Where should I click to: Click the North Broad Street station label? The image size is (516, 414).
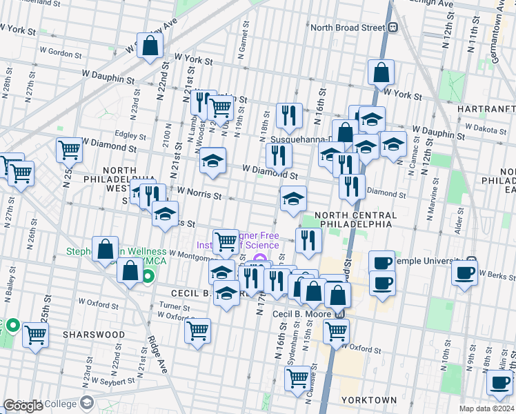pyautogui.click(x=347, y=28)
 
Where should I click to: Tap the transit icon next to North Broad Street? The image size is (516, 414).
pyautogui.click(x=393, y=28)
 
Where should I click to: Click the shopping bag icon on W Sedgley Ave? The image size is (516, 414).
pyautogui.click(x=151, y=46)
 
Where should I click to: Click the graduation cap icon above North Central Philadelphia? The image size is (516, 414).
pyautogui.click(x=293, y=199)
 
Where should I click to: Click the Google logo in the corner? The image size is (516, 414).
pyautogui.click(x=23, y=406)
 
